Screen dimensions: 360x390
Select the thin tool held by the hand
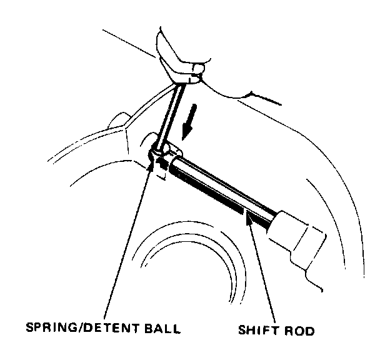click(170, 112)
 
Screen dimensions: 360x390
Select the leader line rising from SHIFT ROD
click(262, 269)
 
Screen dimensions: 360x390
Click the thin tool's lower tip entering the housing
click(159, 150)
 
